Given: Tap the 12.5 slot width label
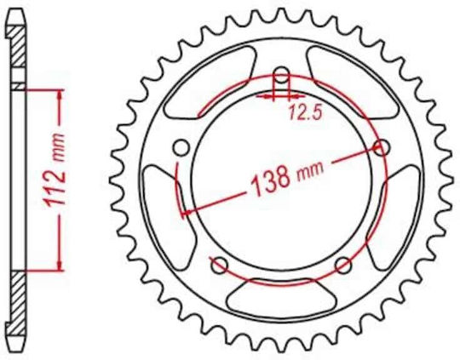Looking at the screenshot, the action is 306,112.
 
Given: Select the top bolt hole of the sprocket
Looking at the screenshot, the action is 281,76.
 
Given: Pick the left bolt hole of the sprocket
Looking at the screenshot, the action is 181,148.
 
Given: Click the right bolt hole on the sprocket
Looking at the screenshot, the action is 382,147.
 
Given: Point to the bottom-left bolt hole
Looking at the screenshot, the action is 220,266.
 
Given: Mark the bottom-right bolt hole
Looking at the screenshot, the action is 343,266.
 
